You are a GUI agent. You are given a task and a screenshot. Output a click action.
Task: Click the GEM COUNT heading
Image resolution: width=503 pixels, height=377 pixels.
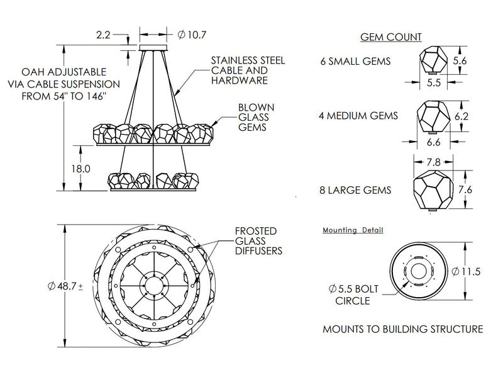[390, 37]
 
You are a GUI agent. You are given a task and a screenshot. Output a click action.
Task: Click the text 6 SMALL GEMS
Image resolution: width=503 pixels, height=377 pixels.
[355, 62]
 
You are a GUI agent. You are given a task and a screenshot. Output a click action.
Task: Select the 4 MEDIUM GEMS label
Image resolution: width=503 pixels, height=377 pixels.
[360, 116]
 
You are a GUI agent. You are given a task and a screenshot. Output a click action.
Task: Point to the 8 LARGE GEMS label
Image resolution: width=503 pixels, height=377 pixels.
[357, 189]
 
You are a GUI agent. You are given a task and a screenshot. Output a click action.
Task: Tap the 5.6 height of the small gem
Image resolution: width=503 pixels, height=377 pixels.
[477, 61]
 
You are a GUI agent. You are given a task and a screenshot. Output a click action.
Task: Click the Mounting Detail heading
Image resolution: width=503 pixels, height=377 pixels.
[353, 230]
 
